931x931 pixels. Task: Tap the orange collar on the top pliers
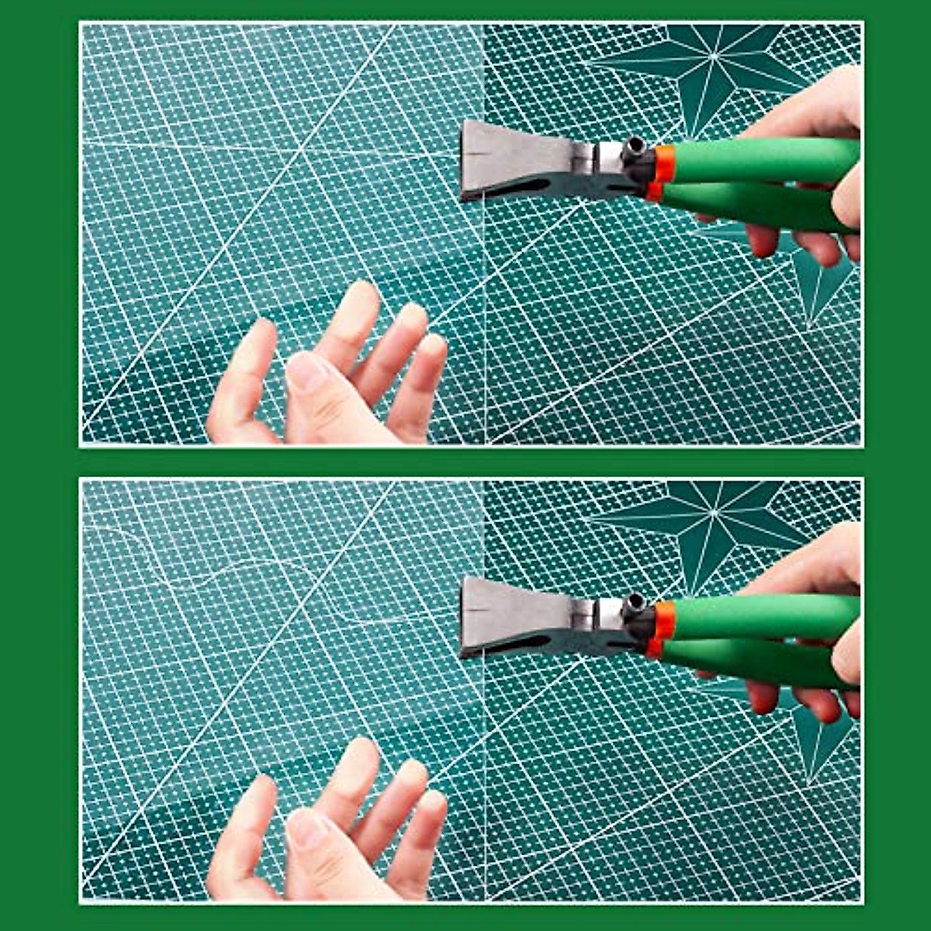664,163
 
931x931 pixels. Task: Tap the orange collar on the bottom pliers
664,620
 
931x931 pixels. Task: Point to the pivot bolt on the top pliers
634,146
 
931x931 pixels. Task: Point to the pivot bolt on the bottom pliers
634,603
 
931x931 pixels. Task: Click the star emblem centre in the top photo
712,58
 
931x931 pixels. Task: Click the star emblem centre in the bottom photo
712,514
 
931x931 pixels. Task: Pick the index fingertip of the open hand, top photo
362,299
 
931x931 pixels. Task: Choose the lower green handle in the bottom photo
745,664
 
